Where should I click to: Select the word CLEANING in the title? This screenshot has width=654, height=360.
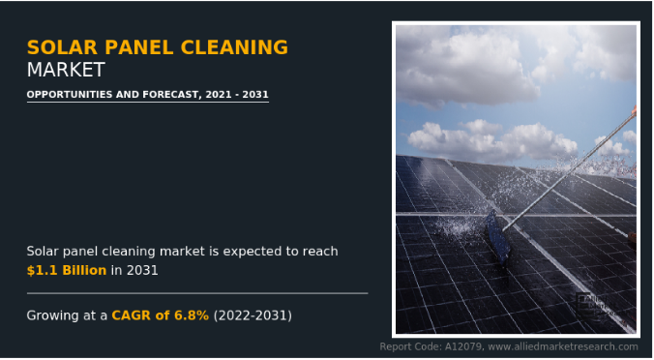[234, 47]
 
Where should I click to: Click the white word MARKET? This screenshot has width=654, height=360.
[66, 70]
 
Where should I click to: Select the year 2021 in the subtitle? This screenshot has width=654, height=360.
[219, 94]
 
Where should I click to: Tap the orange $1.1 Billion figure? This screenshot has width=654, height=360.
[67, 270]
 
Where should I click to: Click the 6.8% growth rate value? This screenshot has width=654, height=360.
[192, 315]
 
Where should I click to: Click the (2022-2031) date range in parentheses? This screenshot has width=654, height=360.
[253, 315]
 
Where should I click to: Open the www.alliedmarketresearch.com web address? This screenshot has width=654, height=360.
[563, 346]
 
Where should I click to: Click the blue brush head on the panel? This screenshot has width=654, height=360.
[498, 237]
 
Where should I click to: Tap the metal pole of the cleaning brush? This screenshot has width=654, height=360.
[569, 171]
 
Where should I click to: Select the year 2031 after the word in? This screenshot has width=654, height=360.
[142, 270]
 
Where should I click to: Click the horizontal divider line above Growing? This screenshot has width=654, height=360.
[197, 293]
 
